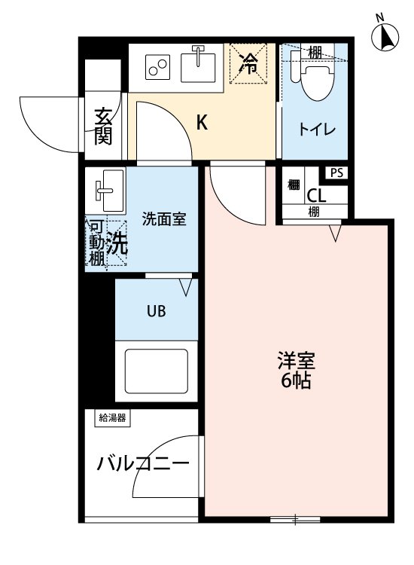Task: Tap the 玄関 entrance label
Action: coord(103,126)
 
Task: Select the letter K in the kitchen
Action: coord(202,122)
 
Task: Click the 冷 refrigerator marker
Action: coord(248,64)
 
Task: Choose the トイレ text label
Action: coord(318,129)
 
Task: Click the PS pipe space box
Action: coord(336,173)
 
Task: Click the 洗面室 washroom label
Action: coord(164,220)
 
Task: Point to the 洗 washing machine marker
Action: coord(116,243)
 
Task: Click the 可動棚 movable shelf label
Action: coord(96,243)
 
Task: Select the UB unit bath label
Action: coord(156,310)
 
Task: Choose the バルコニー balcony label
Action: coord(142,463)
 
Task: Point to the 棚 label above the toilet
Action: coord(315,52)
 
